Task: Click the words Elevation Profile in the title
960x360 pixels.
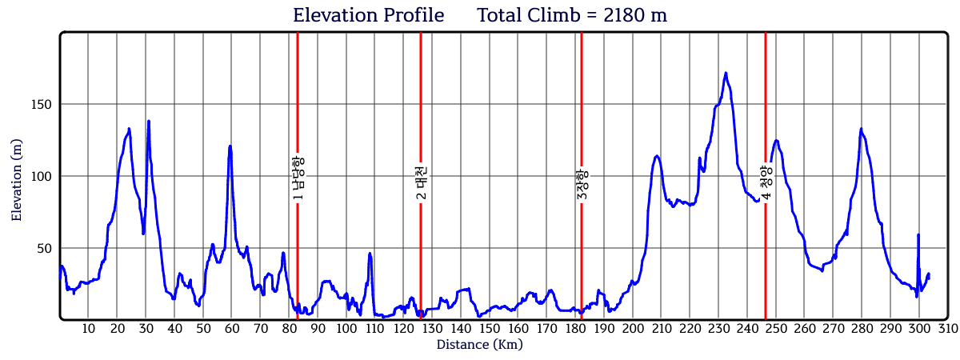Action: (368, 15)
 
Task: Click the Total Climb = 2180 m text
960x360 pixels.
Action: (572, 15)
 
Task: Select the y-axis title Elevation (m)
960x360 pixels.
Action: (17, 180)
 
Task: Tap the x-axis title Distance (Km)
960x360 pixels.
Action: (479, 345)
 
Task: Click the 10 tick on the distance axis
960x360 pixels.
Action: (88, 329)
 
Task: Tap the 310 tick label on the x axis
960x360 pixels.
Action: (947, 329)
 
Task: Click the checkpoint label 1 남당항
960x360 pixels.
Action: (298, 177)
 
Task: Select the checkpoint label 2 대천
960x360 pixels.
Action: (422, 182)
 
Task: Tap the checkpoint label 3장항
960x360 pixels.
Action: (582, 185)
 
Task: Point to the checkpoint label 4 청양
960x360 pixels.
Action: (766, 182)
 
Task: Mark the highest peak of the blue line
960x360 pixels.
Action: (726, 73)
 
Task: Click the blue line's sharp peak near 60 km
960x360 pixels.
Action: (230, 146)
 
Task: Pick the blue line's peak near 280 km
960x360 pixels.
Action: (862, 129)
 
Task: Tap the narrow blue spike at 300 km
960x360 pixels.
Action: (918, 235)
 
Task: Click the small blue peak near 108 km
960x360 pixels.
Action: (370, 254)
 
